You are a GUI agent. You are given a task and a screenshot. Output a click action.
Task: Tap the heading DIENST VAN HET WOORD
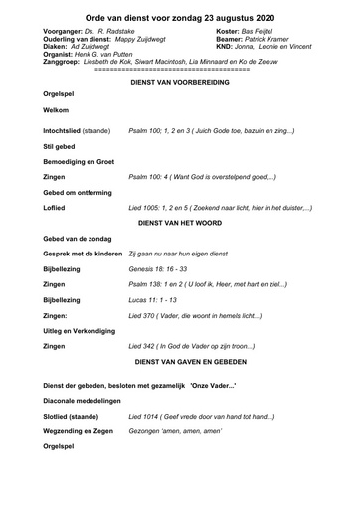coord(180,222)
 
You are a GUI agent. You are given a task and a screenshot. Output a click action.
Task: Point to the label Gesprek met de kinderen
coord(84,254)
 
